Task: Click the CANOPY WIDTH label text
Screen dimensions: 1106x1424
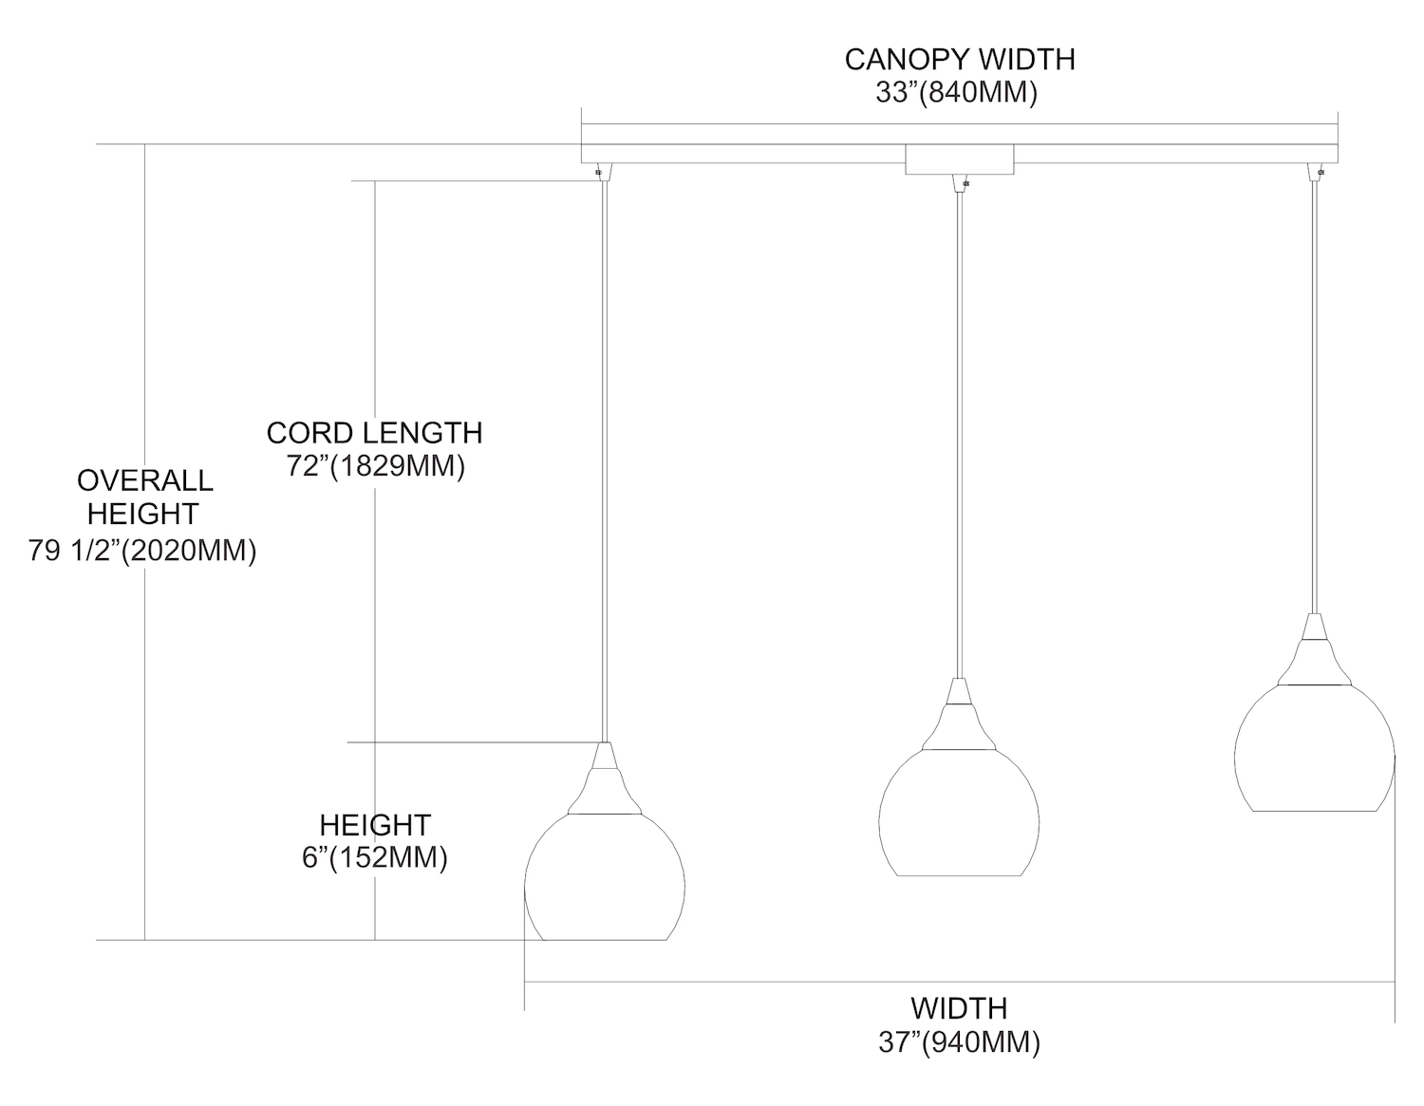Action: coord(960,59)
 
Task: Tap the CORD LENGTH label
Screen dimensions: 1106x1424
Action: coord(374,433)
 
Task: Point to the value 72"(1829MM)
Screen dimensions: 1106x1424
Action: coord(374,466)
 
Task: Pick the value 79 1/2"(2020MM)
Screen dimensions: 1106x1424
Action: coord(142,551)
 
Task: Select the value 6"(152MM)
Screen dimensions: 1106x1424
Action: coord(374,857)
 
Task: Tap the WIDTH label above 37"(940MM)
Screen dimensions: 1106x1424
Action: coord(959,1007)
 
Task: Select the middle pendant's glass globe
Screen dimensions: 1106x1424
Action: coord(959,816)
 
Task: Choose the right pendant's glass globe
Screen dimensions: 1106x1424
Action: coord(1314,750)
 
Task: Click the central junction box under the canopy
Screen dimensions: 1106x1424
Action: coord(959,159)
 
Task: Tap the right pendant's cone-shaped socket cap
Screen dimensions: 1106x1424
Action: coord(1314,650)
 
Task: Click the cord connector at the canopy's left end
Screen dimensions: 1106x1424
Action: coord(601,171)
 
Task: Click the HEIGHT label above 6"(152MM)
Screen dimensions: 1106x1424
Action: coord(374,824)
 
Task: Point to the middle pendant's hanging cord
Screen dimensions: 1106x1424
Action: coord(959,427)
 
